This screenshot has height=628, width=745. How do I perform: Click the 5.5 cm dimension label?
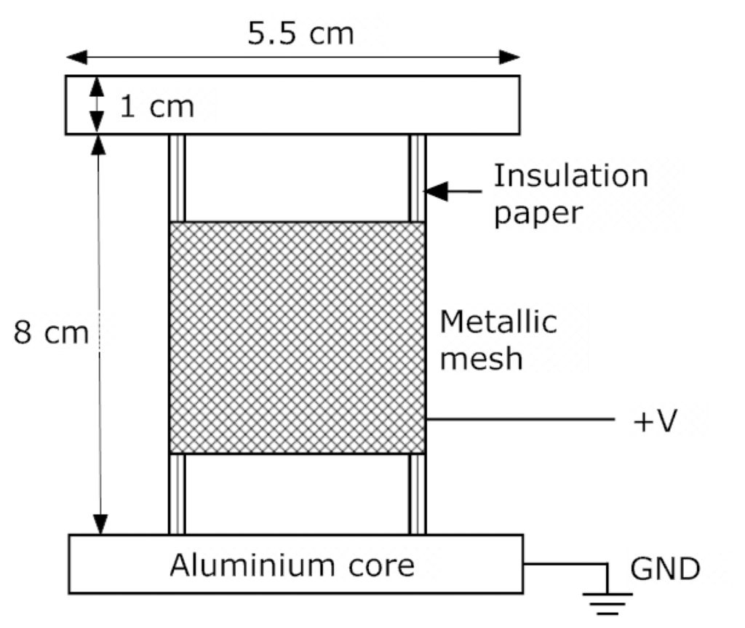pos(300,33)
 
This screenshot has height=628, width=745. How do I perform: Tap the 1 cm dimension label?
pos(157,107)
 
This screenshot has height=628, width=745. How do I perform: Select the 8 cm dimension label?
pos(51,334)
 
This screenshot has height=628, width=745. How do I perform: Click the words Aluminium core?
pos(292,565)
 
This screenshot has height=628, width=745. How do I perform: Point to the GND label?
pos(665,570)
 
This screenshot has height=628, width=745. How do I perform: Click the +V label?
pos(656,421)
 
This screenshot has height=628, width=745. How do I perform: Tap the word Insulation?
pos(570,175)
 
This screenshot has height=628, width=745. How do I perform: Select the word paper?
pos(538,213)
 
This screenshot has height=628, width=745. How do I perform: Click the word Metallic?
pos(498,321)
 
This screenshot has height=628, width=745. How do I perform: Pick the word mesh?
pos(482,359)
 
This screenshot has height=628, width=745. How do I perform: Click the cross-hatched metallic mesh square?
pos(297,338)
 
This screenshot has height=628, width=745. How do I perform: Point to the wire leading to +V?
pos(519,419)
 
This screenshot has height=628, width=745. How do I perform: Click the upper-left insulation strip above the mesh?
pos(177,178)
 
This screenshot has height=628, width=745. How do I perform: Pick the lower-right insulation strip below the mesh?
pos(417,494)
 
